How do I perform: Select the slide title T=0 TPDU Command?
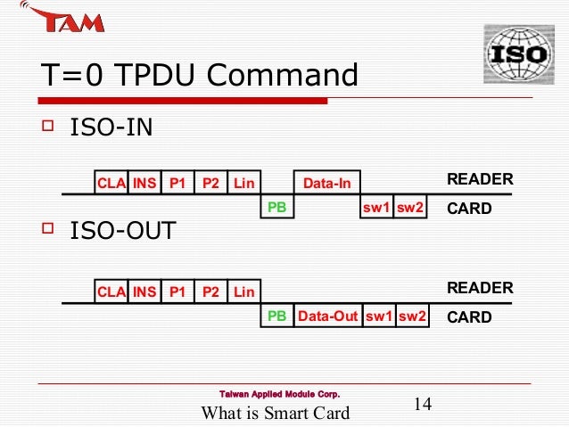pos(199,76)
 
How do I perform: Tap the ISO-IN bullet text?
pos(111,128)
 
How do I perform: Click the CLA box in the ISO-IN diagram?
pos(111,184)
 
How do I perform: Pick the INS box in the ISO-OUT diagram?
pos(144,292)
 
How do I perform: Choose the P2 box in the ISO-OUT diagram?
pos(210,292)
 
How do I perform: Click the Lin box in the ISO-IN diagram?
pos(243,184)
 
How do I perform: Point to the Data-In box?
pos(327,184)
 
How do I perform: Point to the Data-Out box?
pos(327,316)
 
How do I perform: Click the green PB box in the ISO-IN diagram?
pos(277,208)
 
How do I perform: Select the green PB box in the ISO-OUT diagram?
pos(277,316)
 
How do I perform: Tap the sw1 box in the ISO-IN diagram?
pos(377,208)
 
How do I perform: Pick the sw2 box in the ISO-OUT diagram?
pos(412,316)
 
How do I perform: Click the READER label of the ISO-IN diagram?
pos(480,180)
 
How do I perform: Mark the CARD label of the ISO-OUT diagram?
pos(469,316)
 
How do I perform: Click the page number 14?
pos(423,405)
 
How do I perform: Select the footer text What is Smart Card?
pos(276,412)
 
